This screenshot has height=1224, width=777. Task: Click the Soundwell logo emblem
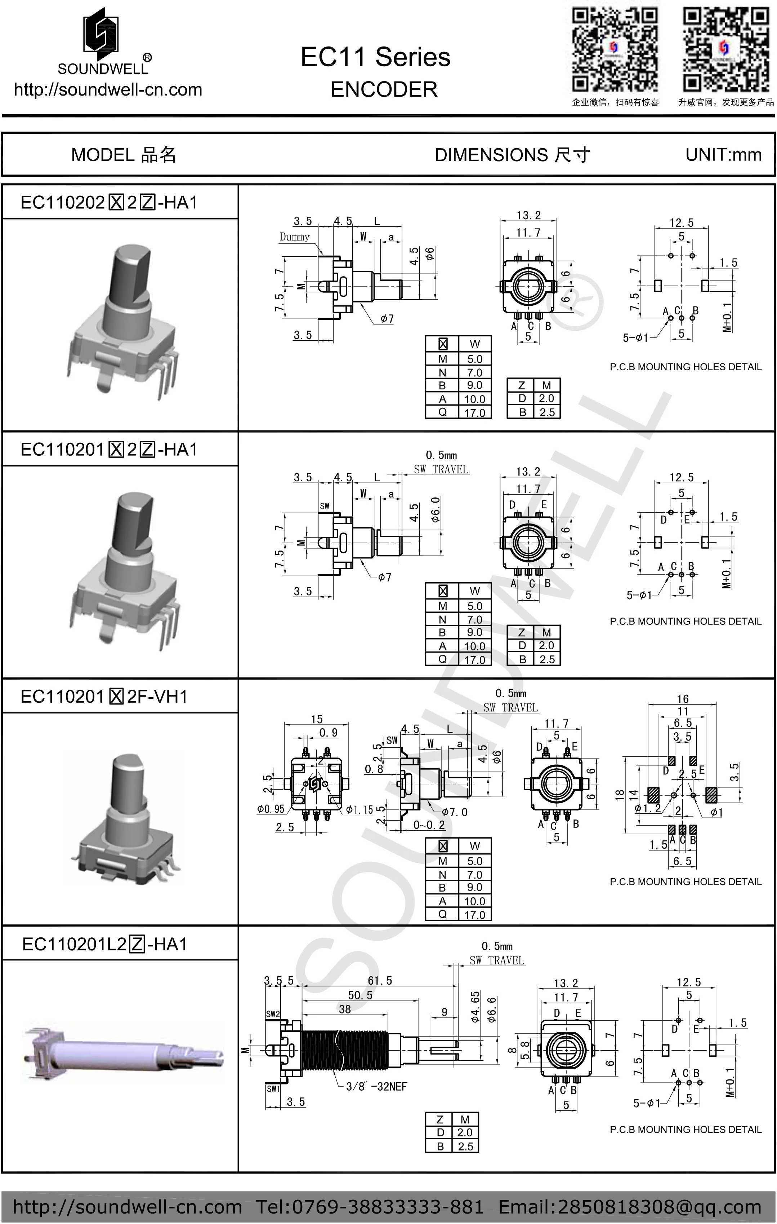click(102, 31)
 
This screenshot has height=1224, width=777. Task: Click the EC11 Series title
click(375, 57)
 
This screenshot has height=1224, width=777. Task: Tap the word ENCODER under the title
click(384, 89)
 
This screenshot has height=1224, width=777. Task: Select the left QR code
click(615, 49)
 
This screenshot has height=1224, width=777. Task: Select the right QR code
click(725, 49)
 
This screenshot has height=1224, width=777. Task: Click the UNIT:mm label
click(723, 155)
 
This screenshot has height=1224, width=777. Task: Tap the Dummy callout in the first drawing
click(295, 237)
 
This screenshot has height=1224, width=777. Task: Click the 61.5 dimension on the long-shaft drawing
click(380, 981)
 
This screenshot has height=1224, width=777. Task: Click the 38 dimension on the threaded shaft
click(345, 1009)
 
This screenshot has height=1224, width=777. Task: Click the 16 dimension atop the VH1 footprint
click(683, 699)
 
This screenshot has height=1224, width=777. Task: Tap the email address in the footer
click(630, 1207)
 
